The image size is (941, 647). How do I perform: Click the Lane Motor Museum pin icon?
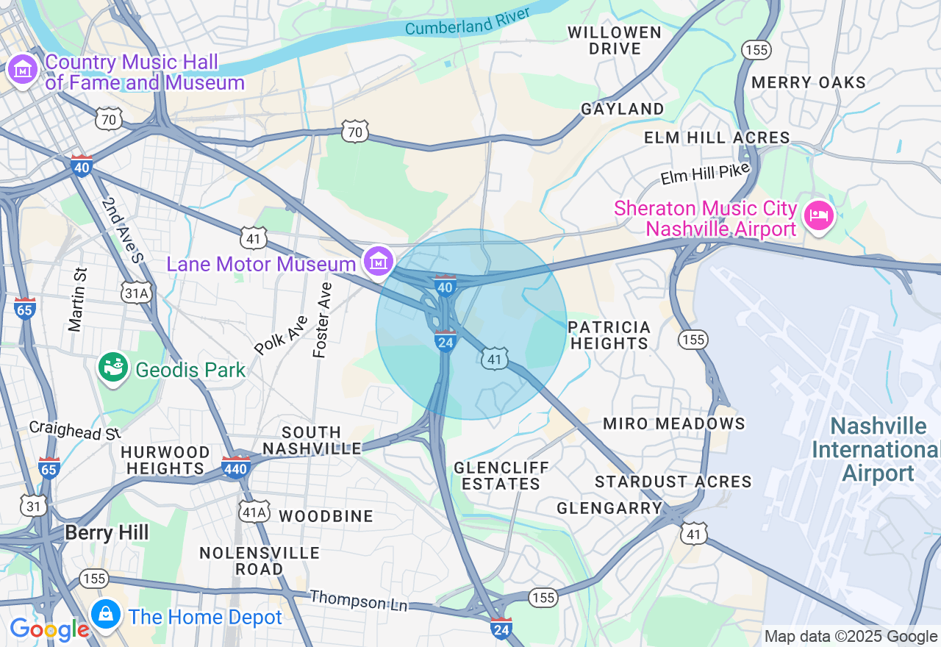click(x=379, y=261)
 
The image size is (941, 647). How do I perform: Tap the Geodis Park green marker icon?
click(x=113, y=368)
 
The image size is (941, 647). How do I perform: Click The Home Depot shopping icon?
click(x=106, y=614)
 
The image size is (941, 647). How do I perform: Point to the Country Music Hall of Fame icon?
click(x=22, y=71)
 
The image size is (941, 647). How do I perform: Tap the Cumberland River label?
click(x=468, y=21)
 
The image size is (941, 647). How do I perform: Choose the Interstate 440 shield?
click(x=236, y=467)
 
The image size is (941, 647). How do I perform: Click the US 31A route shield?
click(x=137, y=293)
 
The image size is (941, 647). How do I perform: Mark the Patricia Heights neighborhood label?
click(x=609, y=335)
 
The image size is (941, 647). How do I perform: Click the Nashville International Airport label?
click(x=878, y=449)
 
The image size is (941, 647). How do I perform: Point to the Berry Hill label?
click(x=107, y=532)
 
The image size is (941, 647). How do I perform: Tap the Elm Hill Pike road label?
click(x=704, y=174)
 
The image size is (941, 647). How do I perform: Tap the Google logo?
click(x=49, y=629)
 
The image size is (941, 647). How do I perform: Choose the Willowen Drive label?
click(x=615, y=40)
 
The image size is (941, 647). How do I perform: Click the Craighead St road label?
click(x=74, y=430)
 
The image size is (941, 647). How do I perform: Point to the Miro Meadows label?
click(x=673, y=423)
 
